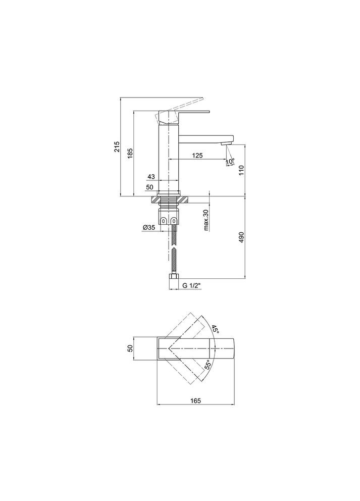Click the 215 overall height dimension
click(x=117, y=146)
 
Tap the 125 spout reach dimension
click(x=197, y=156)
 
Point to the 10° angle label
click(x=231, y=162)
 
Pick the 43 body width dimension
click(x=151, y=177)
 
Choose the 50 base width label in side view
click(x=150, y=187)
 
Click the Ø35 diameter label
click(x=149, y=227)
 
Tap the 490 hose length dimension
click(x=241, y=237)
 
